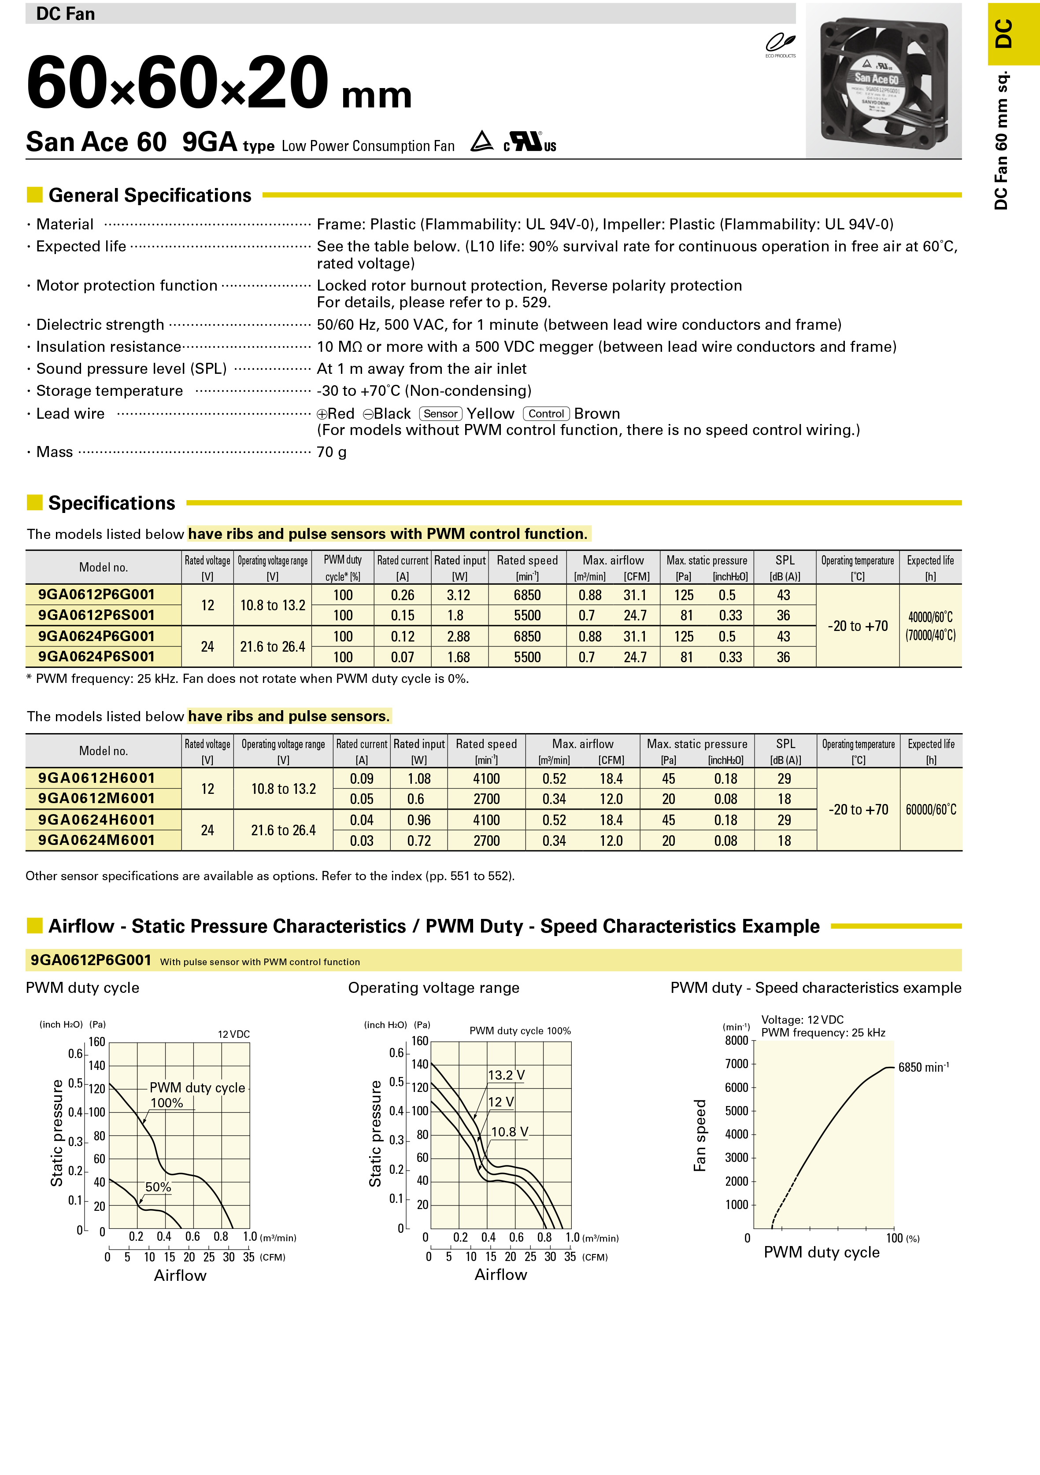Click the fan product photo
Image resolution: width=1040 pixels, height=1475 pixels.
pyautogui.click(x=884, y=81)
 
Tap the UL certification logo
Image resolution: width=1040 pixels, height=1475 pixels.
pyautogui.click(x=529, y=141)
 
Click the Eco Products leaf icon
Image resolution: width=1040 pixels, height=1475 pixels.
pyautogui.click(x=780, y=44)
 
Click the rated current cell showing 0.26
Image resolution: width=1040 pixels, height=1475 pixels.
pyautogui.click(x=402, y=595)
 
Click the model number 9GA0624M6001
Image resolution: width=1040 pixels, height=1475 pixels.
pyautogui.click(x=96, y=840)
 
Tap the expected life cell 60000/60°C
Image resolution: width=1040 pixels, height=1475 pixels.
pyautogui.click(x=931, y=809)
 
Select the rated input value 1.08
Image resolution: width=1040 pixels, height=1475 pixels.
pyautogui.click(x=419, y=778)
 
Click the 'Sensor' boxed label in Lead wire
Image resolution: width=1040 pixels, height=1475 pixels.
pyautogui.click(x=440, y=414)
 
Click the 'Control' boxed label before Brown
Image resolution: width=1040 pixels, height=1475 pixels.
pyautogui.click(x=546, y=414)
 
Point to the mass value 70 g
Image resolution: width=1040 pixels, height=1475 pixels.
pyautogui.click(x=332, y=452)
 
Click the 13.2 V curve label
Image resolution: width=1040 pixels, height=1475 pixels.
pyautogui.click(x=506, y=1075)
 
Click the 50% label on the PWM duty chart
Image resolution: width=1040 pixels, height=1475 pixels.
pyautogui.click(x=158, y=1187)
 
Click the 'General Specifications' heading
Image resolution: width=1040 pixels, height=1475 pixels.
pyautogui.click(x=150, y=195)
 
